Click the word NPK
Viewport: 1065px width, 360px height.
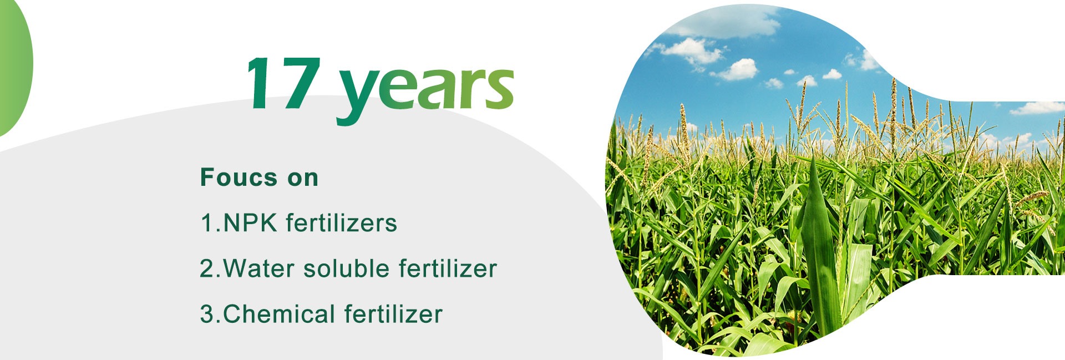click(250, 223)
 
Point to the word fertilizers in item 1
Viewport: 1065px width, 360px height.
click(342, 223)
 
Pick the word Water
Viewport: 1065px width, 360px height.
click(257, 268)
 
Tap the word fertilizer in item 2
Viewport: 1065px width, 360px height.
click(448, 268)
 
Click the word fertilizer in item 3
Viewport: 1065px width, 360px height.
click(393, 314)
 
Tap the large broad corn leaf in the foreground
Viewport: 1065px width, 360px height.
click(820, 244)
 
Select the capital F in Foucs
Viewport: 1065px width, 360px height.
click(207, 178)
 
